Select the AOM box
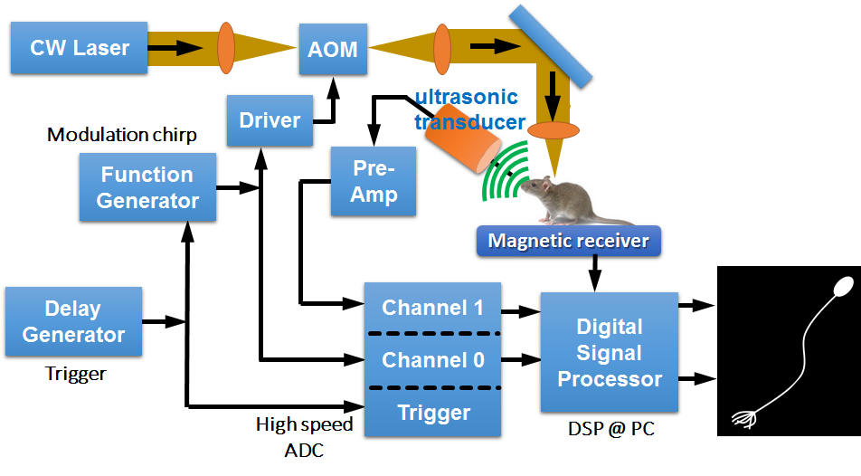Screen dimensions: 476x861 [x=333, y=50]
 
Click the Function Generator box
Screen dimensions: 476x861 [x=147, y=187]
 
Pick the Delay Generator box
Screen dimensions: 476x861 [x=73, y=321]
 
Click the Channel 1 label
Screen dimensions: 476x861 [x=432, y=308]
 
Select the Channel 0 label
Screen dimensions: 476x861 [x=432, y=360]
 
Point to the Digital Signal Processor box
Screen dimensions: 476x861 [x=610, y=353]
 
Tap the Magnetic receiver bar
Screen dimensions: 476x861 [x=568, y=241]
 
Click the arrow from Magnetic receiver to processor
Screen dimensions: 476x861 [x=595, y=272]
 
